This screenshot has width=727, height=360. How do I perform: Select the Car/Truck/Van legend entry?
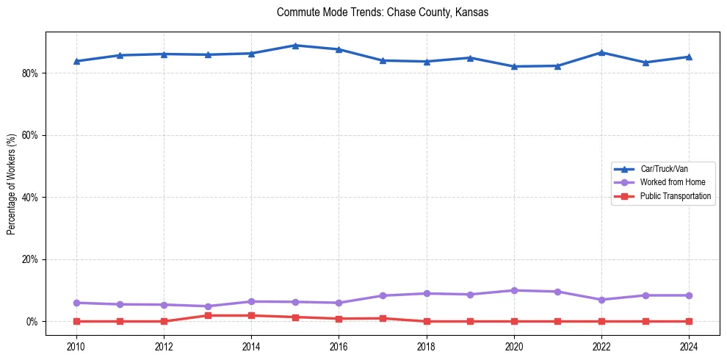click(663, 169)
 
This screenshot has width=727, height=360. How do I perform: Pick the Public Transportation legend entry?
click(675, 196)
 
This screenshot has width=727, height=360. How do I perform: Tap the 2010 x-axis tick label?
click(76, 346)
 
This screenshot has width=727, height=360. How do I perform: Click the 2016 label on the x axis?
click(339, 346)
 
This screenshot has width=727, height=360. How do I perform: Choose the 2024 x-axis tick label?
click(689, 346)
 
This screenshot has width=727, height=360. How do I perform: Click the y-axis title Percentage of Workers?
click(12, 184)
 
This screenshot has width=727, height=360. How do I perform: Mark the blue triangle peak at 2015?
click(294, 46)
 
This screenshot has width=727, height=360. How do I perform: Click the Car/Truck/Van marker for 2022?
click(601, 53)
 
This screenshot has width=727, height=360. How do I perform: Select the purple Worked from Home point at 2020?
click(514, 290)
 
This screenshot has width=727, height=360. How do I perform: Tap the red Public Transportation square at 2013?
click(207, 315)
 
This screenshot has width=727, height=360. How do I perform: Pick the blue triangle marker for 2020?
click(514, 66)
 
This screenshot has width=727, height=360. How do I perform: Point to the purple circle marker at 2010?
click(76, 303)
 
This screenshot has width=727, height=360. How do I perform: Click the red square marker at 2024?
click(689, 321)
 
